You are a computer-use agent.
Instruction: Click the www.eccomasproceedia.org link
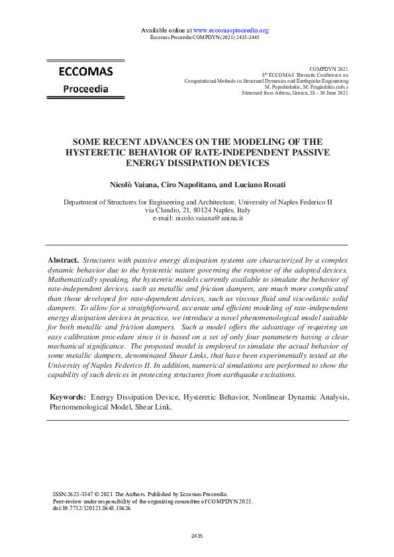click(230, 30)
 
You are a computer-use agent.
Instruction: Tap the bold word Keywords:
click(69, 396)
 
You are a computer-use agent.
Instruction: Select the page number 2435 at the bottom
click(197, 536)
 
